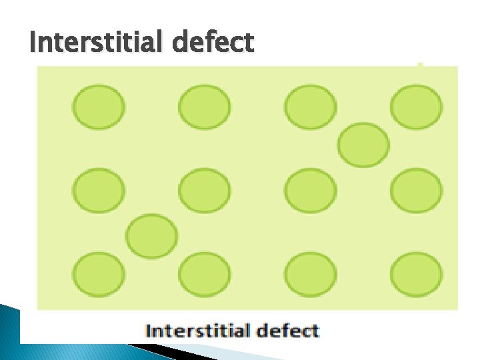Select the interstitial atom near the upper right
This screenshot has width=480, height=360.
click(x=363, y=145)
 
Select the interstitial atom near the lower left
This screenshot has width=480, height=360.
click(x=152, y=236)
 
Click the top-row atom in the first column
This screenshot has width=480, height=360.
click(x=98, y=107)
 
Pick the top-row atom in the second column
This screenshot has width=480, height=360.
click(x=204, y=107)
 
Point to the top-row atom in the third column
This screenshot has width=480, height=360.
click(x=310, y=107)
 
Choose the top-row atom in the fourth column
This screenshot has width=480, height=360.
click(x=416, y=107)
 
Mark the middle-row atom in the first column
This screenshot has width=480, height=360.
click(x=98, y=191)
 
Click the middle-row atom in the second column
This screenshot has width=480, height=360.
click(x=204, y=191)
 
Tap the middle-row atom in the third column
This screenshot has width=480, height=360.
click(x=310, y=191)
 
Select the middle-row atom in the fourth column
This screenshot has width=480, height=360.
click(x=416, y=191)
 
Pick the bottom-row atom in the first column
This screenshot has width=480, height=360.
click(x=98, y=275)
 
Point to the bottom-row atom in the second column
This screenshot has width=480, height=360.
click(x=204, y=275)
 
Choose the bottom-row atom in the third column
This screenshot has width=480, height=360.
click(x=310, y=275)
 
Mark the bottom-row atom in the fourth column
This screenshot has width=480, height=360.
click(x=416, y=275)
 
